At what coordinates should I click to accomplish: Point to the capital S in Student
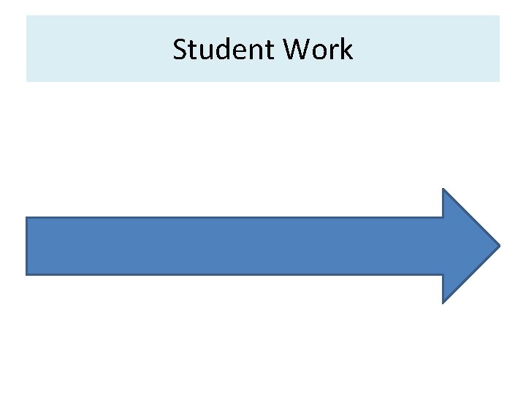[x=180, y=50]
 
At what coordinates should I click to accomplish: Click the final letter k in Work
[x=346, y=50]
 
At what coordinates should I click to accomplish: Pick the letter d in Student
[x=218, y=50]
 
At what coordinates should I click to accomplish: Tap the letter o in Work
[x=321, y=51]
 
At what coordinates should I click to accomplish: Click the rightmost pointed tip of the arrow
[x=500, y=246]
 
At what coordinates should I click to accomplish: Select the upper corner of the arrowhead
[x=443, y=189]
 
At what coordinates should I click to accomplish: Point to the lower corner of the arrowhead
[x=443, y=302]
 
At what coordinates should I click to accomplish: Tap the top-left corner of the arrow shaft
[x=26, y=217]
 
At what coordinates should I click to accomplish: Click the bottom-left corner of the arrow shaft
[x=26, y=274]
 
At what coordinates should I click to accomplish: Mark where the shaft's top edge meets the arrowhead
[x=443, y=217]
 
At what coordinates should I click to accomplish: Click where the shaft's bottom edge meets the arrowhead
[x=443, y=274]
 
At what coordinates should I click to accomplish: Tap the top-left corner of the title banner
[x=26, y=15]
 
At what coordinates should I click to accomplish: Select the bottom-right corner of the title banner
[x=500, y=81]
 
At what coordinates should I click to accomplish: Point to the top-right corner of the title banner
[x=500, y=15]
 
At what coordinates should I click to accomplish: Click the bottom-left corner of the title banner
[x=26, y=81]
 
